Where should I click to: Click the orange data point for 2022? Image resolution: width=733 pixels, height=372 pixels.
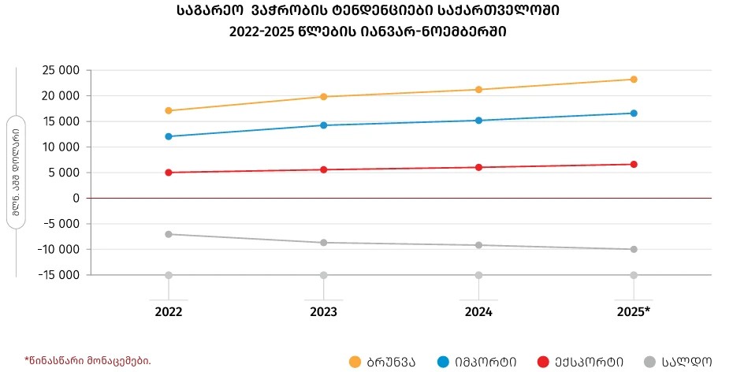(169, 110)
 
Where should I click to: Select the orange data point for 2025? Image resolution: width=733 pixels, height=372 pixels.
(634, 80)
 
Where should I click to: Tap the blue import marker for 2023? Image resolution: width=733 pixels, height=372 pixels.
(324, 125)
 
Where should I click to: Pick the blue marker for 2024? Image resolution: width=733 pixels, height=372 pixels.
(478, 121)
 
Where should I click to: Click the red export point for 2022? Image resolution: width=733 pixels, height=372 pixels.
(169, 173)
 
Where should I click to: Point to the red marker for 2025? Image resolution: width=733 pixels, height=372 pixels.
(634, 164)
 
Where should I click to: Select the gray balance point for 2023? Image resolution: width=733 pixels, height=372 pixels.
(324, 243)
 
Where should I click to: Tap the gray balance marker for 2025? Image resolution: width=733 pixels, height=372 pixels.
(634, 249)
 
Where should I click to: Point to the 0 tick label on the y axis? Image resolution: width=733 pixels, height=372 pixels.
(76, 198)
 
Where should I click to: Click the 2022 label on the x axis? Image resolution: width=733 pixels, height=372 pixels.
(169, 312)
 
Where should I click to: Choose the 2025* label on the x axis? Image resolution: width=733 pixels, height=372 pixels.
(634, 312)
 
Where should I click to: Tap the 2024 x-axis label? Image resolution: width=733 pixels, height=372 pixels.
(478, 312)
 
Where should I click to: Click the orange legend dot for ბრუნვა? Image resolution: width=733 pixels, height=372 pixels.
(355, 362)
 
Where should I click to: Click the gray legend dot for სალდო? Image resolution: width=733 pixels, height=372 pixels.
(650, 362)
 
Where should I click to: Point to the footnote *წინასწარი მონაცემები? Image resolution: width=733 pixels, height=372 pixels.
(87, 360)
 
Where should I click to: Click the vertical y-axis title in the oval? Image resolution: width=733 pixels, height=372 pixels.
(16, 173)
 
